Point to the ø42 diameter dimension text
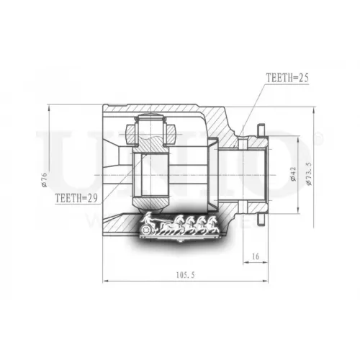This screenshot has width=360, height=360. click(x=293, y=176)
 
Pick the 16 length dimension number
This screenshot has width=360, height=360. click(x=256, y=256)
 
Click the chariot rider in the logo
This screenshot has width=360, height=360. click(x=148, y=220)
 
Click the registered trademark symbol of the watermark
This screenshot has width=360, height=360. click(x=319, y=137)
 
